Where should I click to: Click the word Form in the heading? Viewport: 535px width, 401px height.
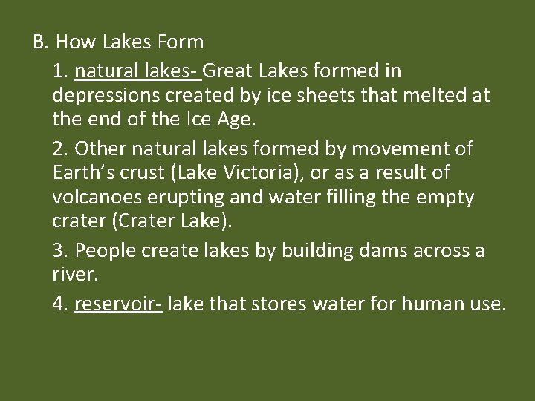pos(180,42)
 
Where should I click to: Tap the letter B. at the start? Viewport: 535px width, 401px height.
pos(40,42)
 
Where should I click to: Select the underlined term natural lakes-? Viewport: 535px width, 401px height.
pos(137,71)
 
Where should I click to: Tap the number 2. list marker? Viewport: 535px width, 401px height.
pos(61,149)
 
